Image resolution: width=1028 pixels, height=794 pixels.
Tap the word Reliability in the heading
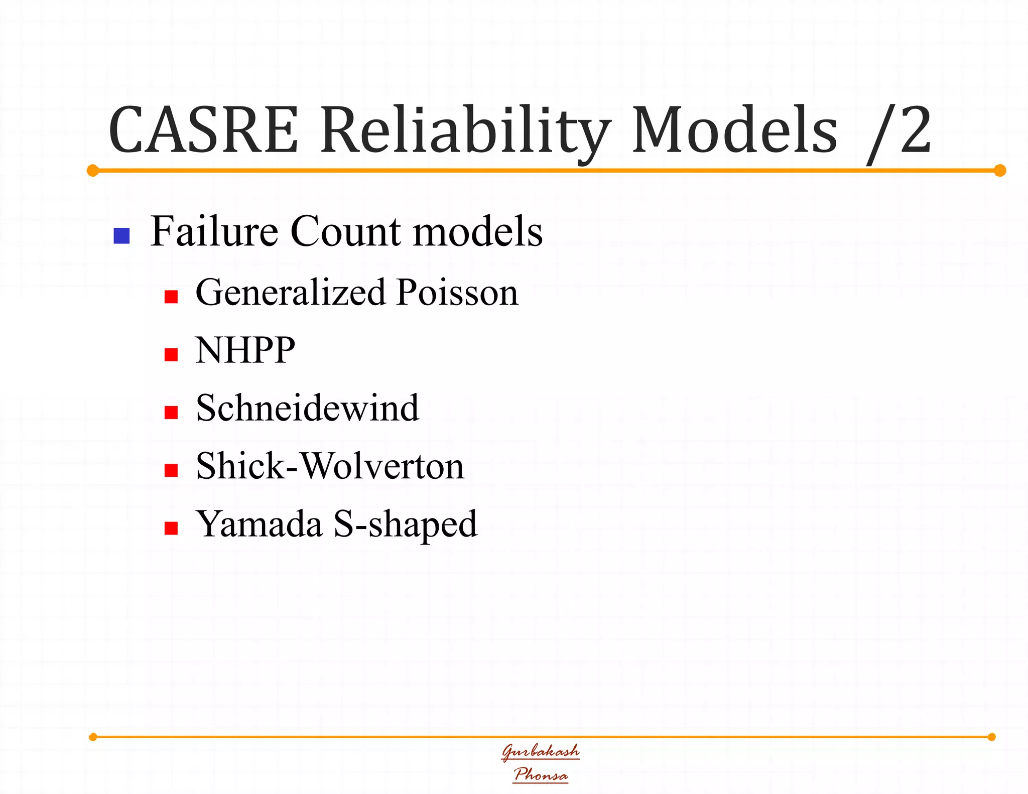[x=465, y=131]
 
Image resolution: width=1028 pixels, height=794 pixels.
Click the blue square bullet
[x=122, y=236]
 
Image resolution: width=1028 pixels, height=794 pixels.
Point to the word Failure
[x=214, y=231]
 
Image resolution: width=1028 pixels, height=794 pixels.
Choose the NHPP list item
[x=245, y=350]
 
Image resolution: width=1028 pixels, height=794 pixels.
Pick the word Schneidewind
[x=307, y=408]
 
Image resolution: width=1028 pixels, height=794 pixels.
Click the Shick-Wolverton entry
[x=330, y=466]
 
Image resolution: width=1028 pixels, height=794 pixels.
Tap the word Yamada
[x=259, y=523]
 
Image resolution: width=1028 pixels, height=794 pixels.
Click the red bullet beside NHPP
[x=171, y=355]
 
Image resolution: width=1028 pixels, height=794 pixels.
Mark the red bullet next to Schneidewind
[x=171, y=413]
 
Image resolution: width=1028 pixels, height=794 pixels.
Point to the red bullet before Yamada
[x=171, y=528]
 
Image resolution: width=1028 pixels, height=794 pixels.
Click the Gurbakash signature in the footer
[x=541, y=751]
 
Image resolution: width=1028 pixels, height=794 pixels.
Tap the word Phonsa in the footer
[x=541, y=774]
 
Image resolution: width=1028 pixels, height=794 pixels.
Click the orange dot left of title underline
[x=93, y=171]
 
